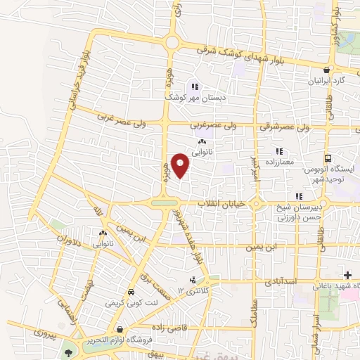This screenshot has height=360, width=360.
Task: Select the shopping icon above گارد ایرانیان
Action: (x=326, y=70)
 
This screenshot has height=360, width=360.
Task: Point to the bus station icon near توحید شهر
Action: (x=328, y=159)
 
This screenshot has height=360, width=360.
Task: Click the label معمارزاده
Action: (x=278, y=162)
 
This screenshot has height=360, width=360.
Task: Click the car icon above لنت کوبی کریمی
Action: (x=131, y=292)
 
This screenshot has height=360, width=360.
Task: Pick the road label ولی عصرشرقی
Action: (x=285, y=127)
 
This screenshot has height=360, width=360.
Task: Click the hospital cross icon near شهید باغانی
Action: (x=347, y=274)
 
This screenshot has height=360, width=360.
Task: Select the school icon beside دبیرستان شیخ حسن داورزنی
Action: (x=299, y=196)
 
